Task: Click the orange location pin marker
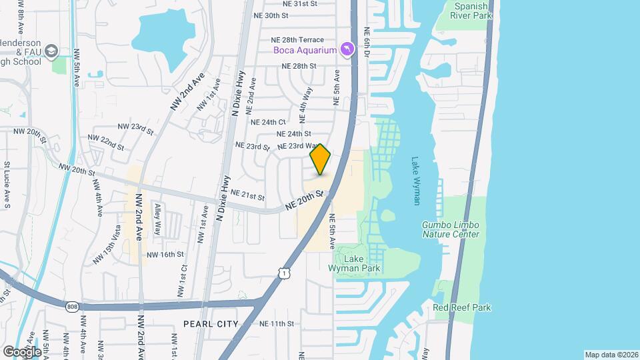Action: click(x=320, y=159)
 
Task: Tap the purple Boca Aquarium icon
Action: click(x=347, y=49)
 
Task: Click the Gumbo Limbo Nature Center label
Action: click(x=450, y=230)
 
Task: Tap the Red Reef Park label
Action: click(x=461, y=307)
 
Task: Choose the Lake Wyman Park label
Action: click(x=354, y=264)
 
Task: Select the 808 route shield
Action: click(x=72, y=306)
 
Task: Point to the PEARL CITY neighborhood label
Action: click(x=211, y=323)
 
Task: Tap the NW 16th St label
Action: click(x=165, y=255)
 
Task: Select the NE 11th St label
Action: click(x=277, y=323)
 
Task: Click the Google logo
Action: click(x=22, y=351)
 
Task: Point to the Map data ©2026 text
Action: click(x=611, y=355)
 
